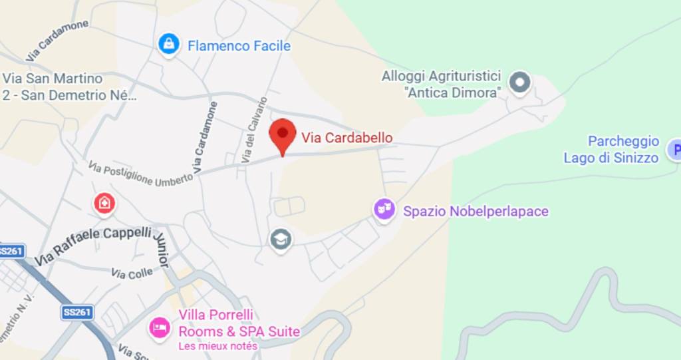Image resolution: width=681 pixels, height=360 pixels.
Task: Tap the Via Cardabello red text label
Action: (346, 138)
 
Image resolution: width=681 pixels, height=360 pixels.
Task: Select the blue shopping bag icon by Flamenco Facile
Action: (170, 45)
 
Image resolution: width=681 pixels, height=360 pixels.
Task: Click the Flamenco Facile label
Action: (239, 46)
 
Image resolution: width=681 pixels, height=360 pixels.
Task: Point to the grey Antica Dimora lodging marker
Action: (519, 83)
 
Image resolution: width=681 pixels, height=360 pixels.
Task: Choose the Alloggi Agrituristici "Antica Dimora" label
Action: (441, 85)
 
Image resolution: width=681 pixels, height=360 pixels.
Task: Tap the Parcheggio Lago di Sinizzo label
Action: (611, 150)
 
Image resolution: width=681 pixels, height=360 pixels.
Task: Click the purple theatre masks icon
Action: (384, 209)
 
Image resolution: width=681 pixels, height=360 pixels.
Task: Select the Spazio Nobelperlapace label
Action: (476, 212)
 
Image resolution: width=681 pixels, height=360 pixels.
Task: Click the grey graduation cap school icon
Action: (281, 239)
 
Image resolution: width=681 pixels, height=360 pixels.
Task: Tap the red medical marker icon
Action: (104, 202)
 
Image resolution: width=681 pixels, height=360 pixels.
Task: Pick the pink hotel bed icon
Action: (160, 327)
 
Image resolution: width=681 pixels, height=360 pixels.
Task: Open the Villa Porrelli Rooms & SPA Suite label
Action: (239, 323)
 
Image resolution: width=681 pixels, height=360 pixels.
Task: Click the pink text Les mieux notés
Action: (217, 346)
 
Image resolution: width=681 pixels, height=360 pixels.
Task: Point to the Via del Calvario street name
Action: (255, 130)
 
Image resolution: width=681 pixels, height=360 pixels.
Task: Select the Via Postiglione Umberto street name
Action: (140, 174)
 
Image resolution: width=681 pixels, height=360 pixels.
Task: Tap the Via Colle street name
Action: (132, 273)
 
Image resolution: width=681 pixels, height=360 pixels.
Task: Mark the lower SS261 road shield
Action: (77, 312)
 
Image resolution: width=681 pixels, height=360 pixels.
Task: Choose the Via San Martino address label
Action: (68, 87)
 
